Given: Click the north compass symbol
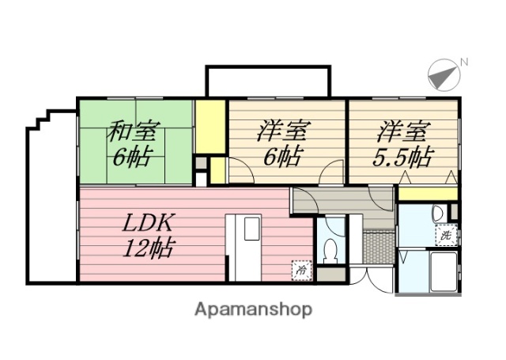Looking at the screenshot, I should tap(444, 74).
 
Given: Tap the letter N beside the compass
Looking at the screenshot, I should tap(464, 62).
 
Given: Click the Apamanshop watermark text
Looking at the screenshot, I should tap(253, 309).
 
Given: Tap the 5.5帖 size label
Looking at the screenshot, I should tap(401, 157).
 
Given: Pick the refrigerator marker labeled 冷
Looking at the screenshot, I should tap(301, 270).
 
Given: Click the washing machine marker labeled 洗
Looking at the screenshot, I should tap(446, 234).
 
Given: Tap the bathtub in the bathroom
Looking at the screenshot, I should tap(444, 271).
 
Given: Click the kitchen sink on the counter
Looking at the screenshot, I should tap(251, 229).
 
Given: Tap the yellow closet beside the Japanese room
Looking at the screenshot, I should tap(211, 127).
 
